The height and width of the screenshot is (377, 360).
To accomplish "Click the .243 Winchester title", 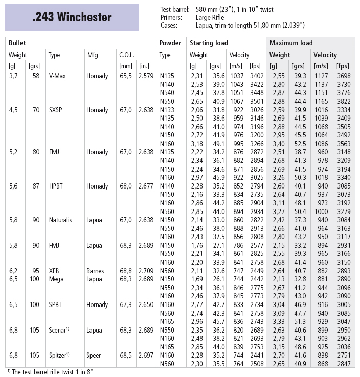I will pyautogui.click(x=72, y=17).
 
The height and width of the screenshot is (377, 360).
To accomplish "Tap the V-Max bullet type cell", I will pyautogui.click(x=57, y=76).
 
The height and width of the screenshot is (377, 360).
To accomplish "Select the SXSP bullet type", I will pyautogui.click(x=56, y=110).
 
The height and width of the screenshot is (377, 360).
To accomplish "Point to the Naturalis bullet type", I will pyautogui.click(x=60, y=220).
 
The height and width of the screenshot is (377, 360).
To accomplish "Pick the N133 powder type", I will pyautogui.click(x=167, y=110).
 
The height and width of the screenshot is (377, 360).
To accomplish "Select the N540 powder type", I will pyautogui.click(x=167, y=92).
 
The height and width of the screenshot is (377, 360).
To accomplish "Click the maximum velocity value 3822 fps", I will pyautogui.click(x=345, y=101).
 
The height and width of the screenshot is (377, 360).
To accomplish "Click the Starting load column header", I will pyautogui.click(x=209, y=43).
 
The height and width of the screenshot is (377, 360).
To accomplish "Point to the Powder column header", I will pyautogui.click(x=170, y=43).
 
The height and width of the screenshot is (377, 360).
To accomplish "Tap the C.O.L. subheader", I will pyautogui.click(x=127, y=55).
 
